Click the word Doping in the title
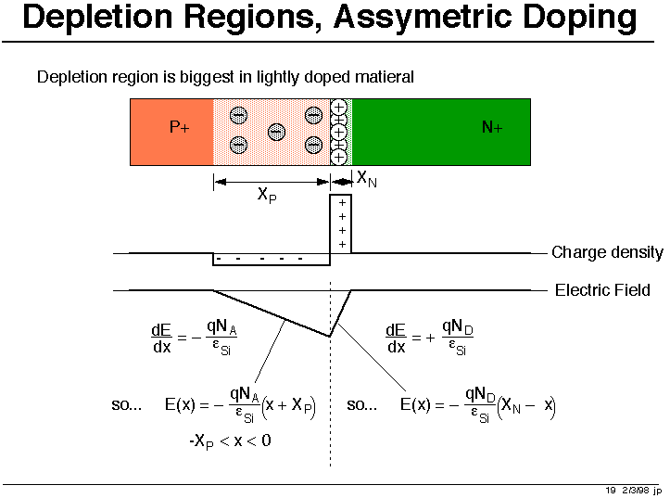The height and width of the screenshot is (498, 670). pos(579,18)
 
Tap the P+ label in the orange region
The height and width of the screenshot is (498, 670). pos(180,127)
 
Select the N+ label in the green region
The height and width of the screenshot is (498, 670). pos(492,127)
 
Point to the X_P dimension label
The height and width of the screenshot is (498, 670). pos(267,196)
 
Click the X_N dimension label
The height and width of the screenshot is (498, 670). pos(367,178)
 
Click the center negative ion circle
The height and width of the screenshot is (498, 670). pos(276,132)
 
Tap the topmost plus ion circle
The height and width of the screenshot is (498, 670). pos(339,107)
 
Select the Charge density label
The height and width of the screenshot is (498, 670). pos(607,252)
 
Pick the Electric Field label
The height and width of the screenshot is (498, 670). pos(602,290)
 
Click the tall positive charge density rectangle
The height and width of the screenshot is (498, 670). pos(340,224)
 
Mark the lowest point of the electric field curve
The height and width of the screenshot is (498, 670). pos(330,336)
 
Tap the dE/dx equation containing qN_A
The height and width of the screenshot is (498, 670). pos(194,338)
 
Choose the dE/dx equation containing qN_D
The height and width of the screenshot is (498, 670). pos(429,338)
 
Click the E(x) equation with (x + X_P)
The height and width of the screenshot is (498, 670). pos(240,404)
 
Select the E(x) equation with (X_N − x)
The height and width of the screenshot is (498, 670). pos(478,404)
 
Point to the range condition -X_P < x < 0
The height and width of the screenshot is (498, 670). pos(231,441)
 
